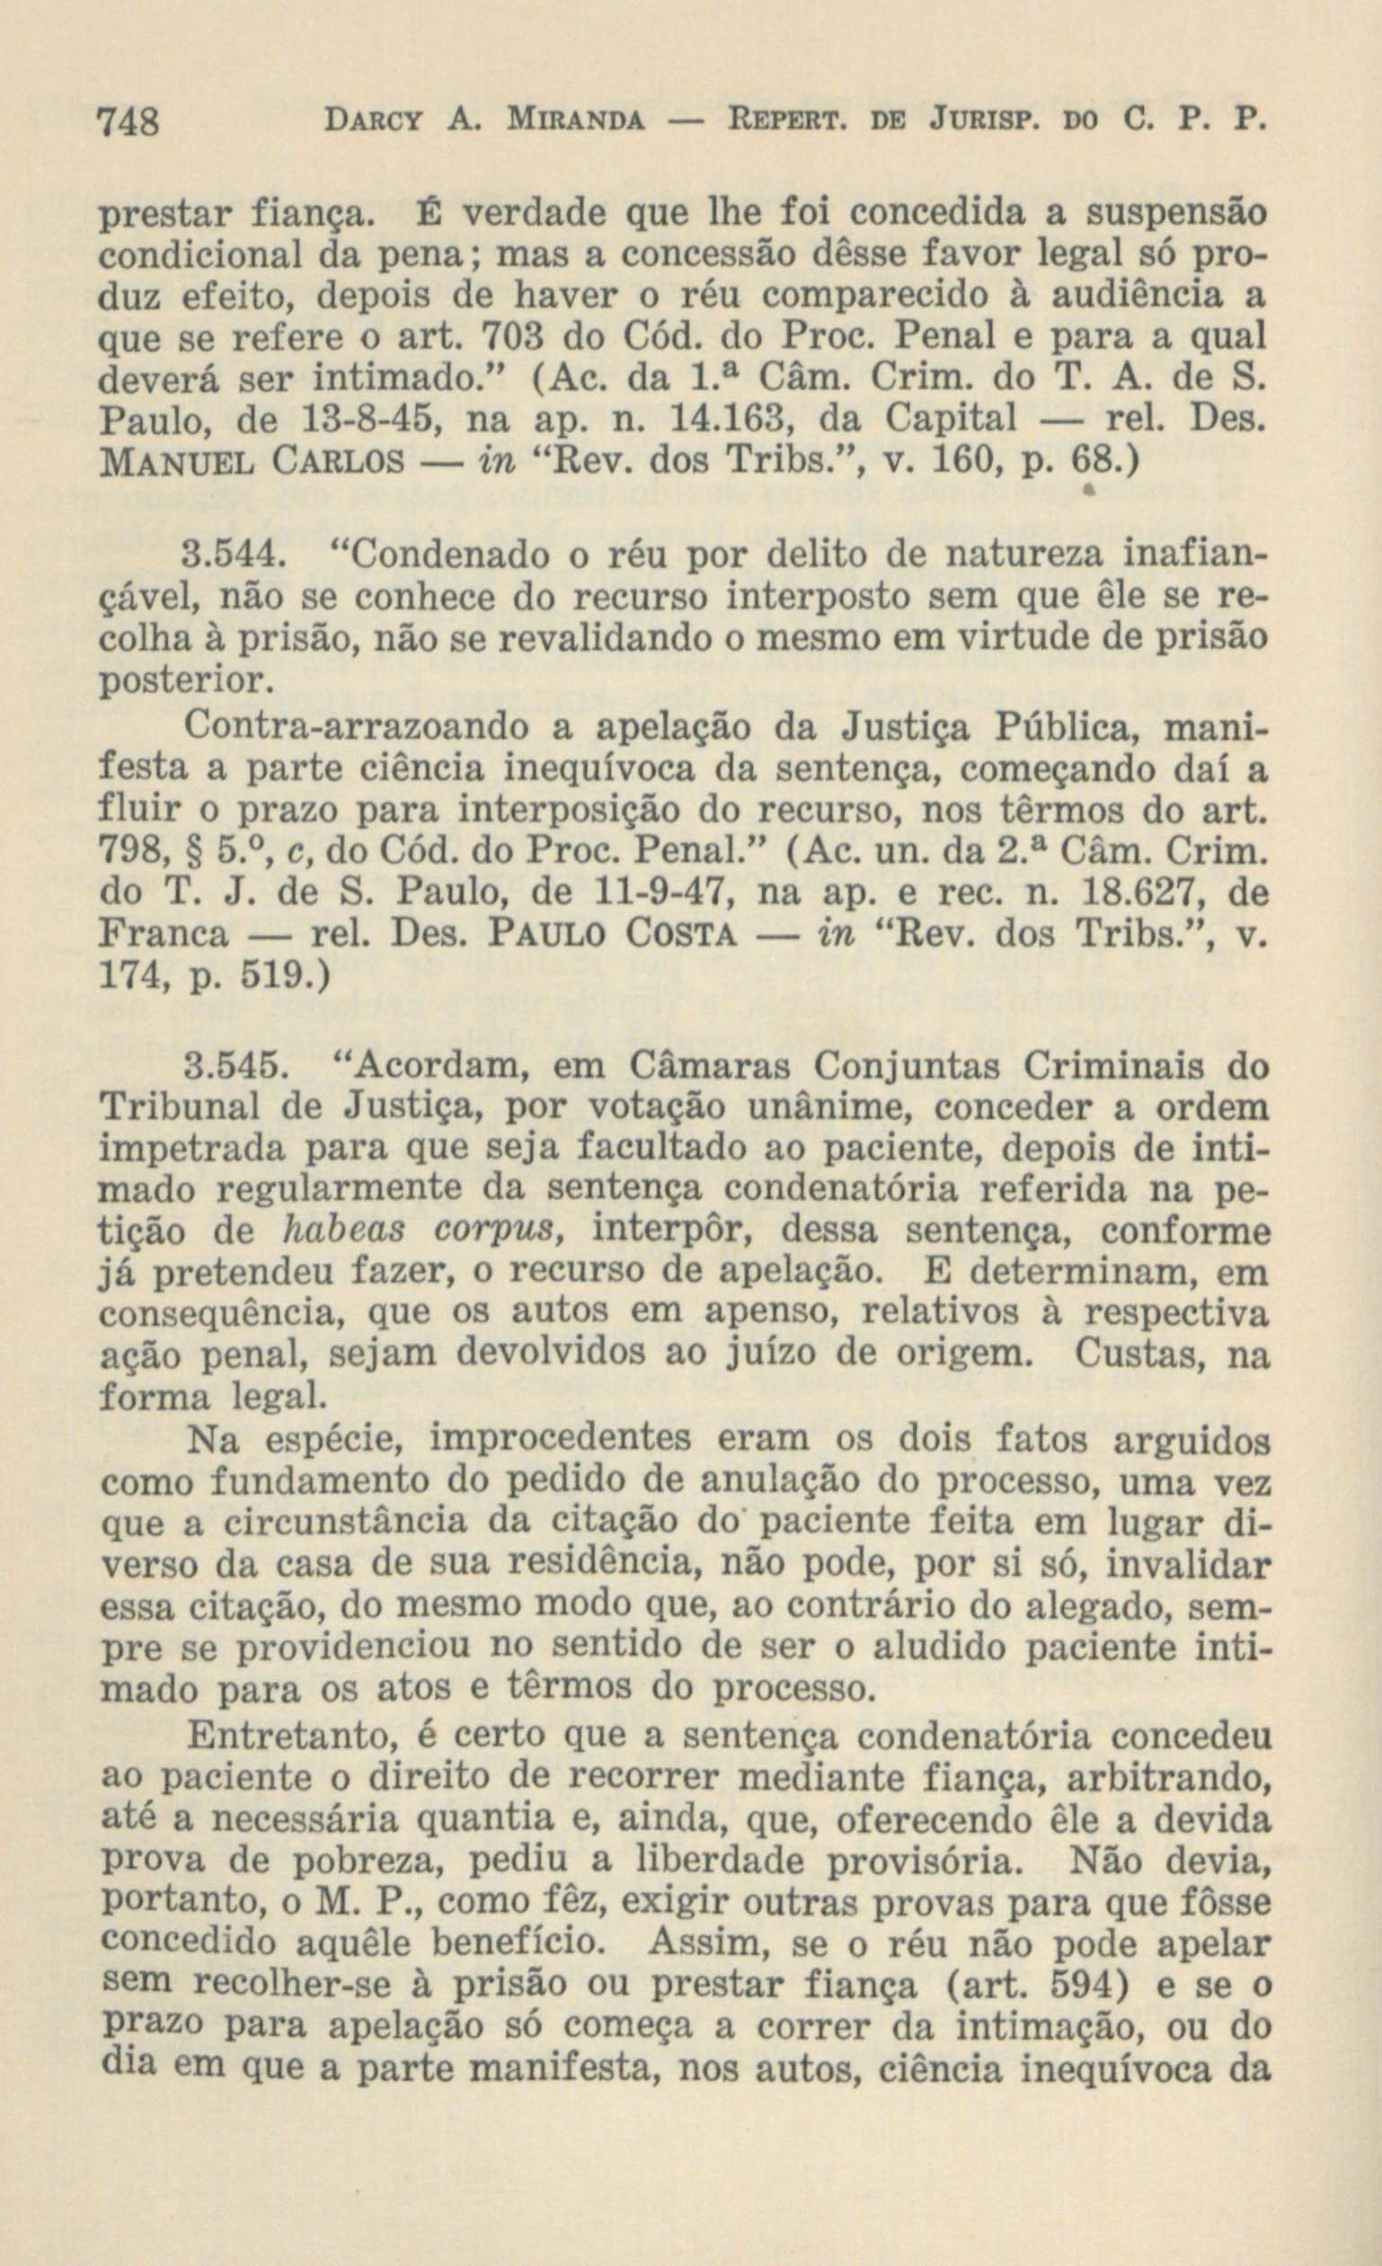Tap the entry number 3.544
tap(232, 556)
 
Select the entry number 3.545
tap(232, 1068)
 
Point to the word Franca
tap(163, 935)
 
